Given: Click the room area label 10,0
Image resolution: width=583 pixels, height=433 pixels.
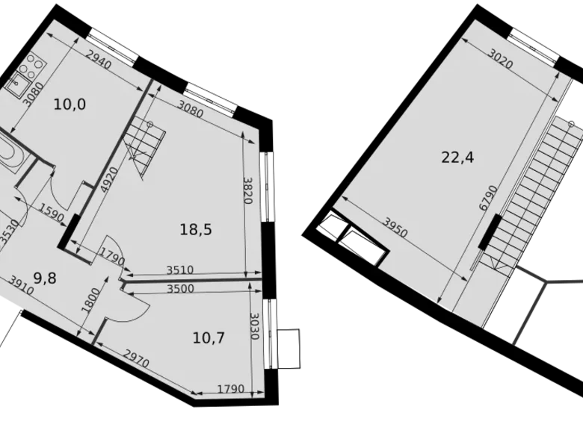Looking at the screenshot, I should click(x=70, y=105).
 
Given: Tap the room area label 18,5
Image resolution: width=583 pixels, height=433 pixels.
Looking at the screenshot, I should click(x=196, y=230).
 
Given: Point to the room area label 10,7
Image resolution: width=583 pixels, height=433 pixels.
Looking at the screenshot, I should click(x=209, y=337).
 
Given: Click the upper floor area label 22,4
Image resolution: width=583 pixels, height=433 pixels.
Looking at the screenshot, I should click(x=459, y=158).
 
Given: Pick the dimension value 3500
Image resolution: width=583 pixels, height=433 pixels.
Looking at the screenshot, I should click(x=181, y=288).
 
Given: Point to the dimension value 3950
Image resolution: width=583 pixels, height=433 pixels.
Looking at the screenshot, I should click(x=395, y=228).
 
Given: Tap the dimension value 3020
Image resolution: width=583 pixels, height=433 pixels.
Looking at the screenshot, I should click(x=501, y=59).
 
